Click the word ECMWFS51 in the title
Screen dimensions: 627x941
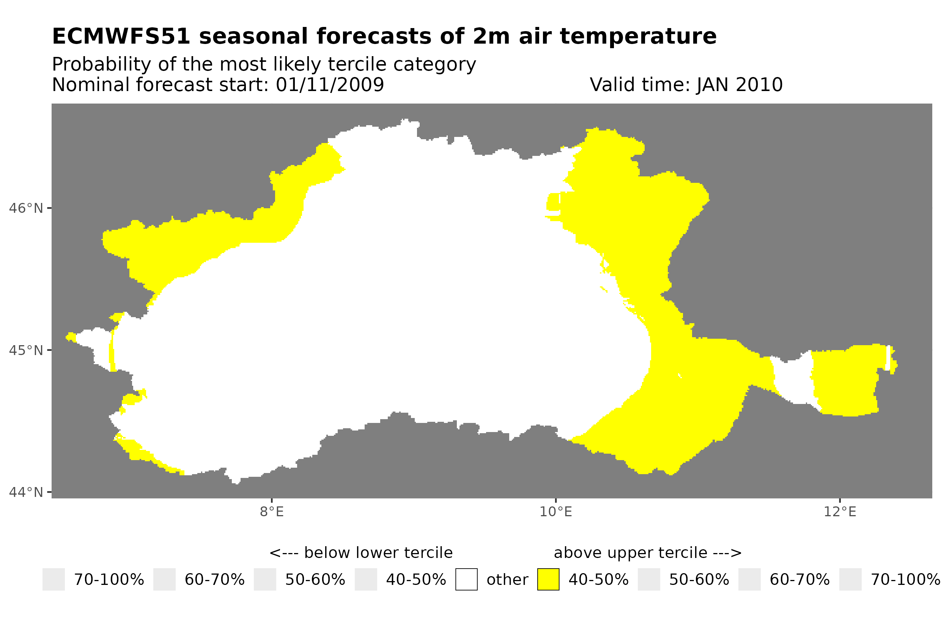coord(121,37)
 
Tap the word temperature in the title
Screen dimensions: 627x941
coord(638,37)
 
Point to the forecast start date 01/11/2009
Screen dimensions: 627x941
coord(329,85)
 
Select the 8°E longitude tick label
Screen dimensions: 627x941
coord(272,512)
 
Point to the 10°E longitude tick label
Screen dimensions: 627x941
coord(555,512)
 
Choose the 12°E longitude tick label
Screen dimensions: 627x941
coord(839,512)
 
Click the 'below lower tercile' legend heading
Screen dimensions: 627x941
coord(361,553)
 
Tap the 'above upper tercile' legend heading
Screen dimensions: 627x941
coord(647,553)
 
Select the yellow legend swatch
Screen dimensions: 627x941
coord(548,580)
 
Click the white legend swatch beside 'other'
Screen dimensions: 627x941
coord(466,580)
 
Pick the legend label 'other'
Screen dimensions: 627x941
coord(507,580)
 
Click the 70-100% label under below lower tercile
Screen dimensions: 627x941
coord(109,580)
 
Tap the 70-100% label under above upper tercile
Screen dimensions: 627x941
coord(905,580)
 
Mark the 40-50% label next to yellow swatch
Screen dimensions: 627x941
coord(598,580)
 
